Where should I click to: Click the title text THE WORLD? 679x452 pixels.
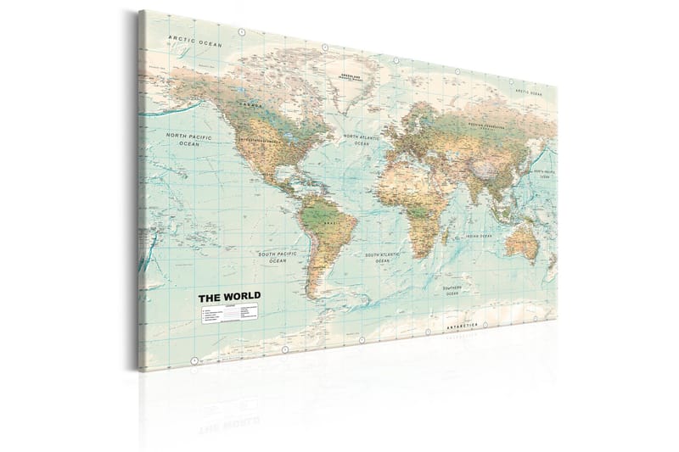[229, 297]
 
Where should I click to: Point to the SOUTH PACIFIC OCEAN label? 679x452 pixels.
[278, 257]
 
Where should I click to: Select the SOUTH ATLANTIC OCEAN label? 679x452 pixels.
[383, 256]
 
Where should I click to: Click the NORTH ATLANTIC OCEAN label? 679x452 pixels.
[362, 139]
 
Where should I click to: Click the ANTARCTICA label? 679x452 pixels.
[463, 326]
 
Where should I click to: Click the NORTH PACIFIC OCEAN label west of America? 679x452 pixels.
[188, 139]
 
